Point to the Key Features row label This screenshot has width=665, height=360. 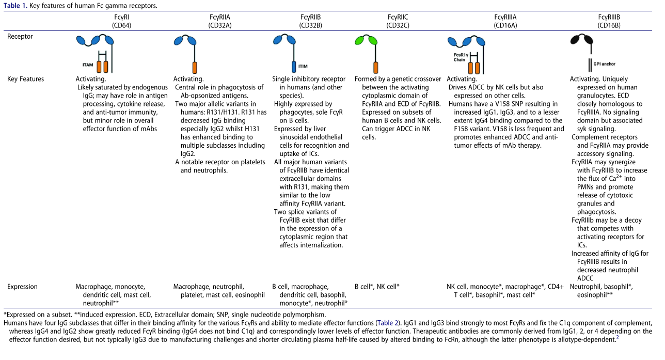[x=25, y=79]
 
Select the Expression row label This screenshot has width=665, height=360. [x=23, y=287]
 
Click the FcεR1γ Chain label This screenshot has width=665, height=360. [x=460, y=56]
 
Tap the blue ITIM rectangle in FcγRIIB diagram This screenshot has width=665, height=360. [x=294, y=66]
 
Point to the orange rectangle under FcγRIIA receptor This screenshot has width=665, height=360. [x=194, y=67]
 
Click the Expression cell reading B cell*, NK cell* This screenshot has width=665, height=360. [x=377, y=287]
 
